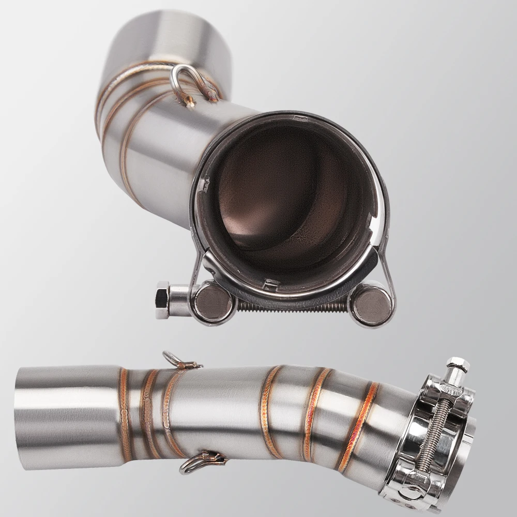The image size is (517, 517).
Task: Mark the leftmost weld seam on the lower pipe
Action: (125, 414)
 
